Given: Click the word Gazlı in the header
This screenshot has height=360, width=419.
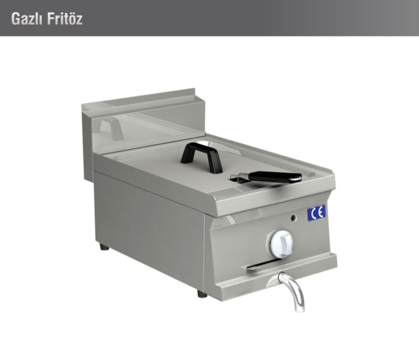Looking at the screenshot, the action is (26, 19).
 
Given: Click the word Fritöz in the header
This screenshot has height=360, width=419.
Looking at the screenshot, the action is (65, 19).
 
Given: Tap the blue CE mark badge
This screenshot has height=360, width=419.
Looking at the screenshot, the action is (317, 213).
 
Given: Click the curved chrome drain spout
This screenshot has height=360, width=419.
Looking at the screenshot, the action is (292, 290).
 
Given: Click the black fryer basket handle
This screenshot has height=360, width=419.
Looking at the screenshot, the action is (275, 177).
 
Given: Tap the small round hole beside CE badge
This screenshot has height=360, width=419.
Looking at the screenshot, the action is (294, 218).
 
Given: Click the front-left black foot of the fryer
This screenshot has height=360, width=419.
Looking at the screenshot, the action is (202, 294).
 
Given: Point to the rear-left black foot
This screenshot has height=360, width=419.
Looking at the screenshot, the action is (104, 247).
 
